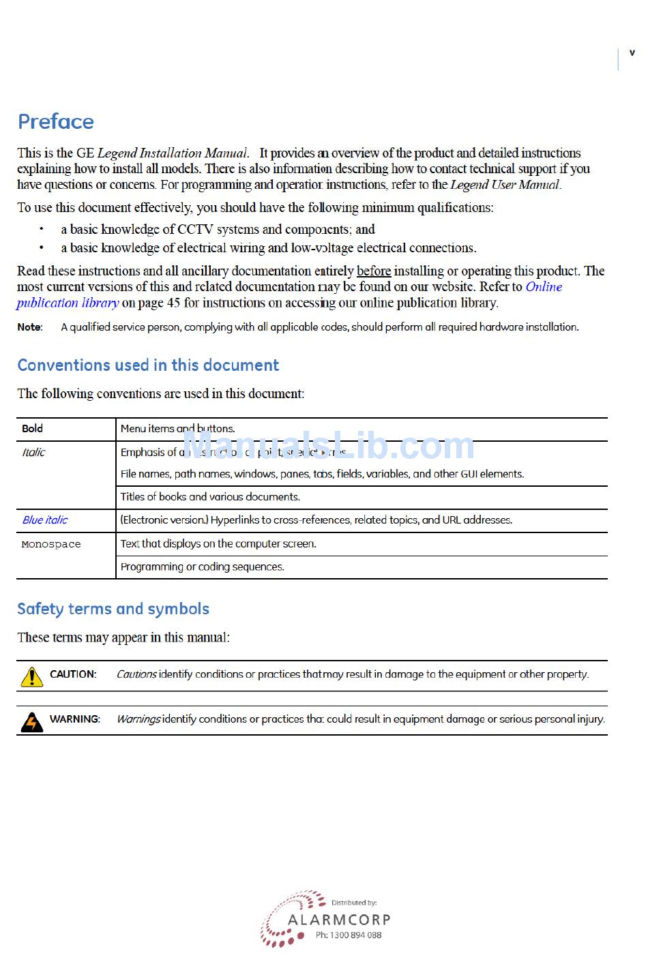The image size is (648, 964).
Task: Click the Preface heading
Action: (56, 121)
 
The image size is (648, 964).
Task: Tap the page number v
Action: (632, 52)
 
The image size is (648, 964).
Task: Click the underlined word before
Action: (374, 271)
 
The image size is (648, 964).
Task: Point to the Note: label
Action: (30, 327)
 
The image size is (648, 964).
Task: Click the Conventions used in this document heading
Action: (148, 365)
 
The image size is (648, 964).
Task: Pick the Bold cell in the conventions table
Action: (32, 429)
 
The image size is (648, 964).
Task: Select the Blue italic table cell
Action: (45, 520)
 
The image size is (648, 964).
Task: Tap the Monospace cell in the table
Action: (51, 545)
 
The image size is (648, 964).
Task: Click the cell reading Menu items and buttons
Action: (177, 429)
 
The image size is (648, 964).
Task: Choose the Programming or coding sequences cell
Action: (202, 567)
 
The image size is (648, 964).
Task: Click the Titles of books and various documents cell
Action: (210, 497)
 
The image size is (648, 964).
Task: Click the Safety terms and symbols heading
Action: (113, 609)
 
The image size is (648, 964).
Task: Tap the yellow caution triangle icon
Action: (31, 676)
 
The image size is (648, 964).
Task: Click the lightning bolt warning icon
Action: (31, 721)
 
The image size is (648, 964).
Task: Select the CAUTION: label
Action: (73, 674)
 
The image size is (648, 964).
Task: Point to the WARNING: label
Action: (75, 719)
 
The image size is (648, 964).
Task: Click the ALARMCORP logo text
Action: (339, 920)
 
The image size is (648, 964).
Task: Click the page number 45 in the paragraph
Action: (173, 303)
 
